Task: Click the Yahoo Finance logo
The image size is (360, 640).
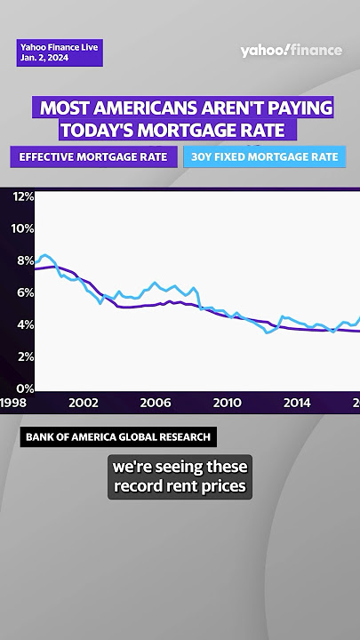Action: (291, 51)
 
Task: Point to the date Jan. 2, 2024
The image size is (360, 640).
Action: (44, 58)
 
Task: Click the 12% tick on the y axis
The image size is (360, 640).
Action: (22, 196)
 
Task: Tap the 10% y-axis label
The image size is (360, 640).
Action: (22, 228)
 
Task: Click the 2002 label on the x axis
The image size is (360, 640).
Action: (84, 403)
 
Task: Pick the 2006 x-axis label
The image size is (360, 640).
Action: (155, 403)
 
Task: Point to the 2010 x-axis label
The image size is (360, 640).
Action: (226, 403)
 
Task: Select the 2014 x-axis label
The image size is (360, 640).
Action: (297, 403)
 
